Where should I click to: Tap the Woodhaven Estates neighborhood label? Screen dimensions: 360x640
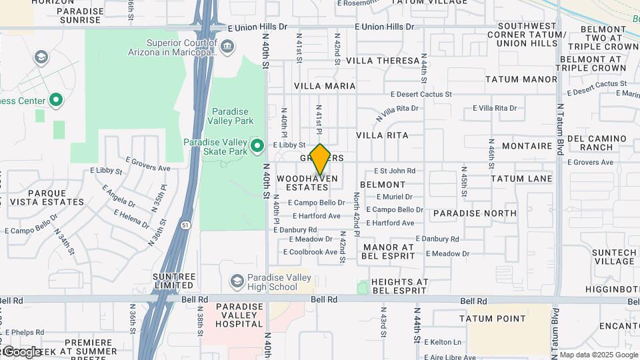pos(307,183)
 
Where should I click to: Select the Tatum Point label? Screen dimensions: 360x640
pos(488,319)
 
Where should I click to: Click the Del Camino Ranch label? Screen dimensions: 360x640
pos(600,142)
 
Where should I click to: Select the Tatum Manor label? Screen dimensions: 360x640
pos(521,79)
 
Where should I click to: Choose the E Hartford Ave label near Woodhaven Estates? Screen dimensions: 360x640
pos(317,216)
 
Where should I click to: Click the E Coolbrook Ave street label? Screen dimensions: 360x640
pos(310,252)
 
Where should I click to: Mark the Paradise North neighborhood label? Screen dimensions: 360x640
pos(474,213)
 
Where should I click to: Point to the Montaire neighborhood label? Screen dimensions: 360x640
pos(527,145)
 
